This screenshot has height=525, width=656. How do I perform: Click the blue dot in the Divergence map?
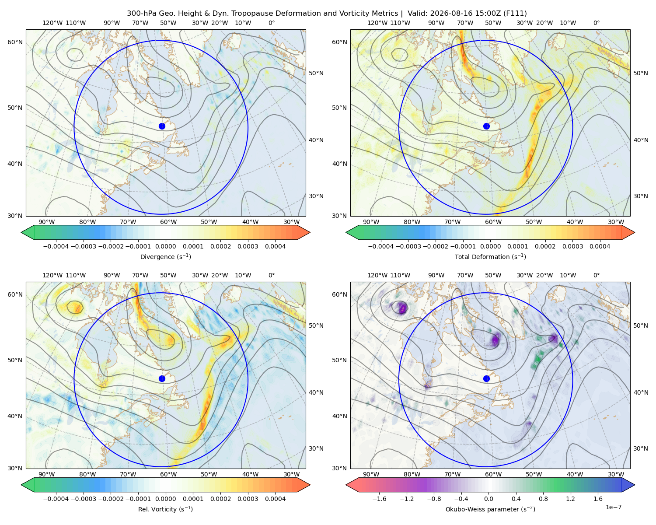point(162,126)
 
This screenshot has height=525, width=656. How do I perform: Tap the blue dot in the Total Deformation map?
point(486,126)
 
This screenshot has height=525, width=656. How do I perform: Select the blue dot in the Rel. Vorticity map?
point(162,378)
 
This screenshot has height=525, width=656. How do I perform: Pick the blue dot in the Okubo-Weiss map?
point(486,378)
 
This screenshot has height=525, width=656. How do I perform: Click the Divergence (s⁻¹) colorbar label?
point(165,256)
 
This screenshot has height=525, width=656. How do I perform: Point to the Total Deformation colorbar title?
point(490,256)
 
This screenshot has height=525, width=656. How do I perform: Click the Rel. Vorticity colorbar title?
point(165,509)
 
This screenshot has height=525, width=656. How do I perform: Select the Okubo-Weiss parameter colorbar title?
point(490,509)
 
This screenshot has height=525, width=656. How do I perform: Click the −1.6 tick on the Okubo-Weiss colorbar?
point(379,498)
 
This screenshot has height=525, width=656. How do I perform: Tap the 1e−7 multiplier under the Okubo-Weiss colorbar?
point(613,507)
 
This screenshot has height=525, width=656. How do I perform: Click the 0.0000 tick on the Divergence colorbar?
point(165,246)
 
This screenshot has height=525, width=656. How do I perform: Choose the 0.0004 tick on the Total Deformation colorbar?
point(600,246)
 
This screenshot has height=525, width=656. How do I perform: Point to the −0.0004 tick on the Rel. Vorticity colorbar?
point(56,498)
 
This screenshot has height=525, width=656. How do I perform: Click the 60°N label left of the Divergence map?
point(15,42)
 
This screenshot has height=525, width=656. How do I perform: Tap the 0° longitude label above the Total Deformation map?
point(597,23)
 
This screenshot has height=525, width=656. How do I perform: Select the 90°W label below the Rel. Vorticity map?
point(47,474)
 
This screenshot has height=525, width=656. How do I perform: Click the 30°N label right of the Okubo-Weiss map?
point(641,448)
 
